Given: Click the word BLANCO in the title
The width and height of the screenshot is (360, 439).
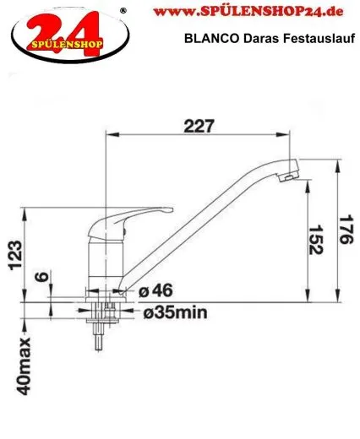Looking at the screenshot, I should coord(208,37).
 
